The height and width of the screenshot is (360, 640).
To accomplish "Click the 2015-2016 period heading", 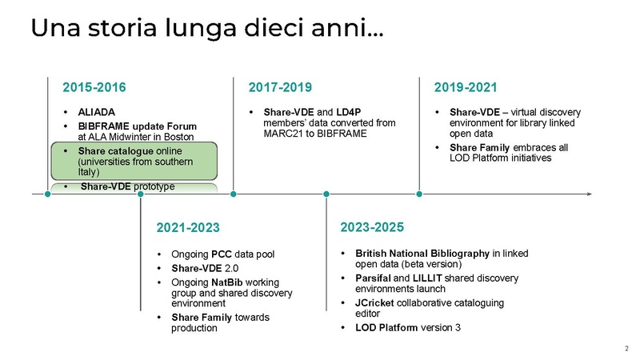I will click(94, 86).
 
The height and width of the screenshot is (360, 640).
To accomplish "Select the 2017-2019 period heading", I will click(280, 86).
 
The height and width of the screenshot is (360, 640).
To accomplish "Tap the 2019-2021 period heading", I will click(466, 86).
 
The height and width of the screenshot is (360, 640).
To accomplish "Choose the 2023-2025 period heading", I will click(373, 227).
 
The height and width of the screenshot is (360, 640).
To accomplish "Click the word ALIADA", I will click(98, 112).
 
